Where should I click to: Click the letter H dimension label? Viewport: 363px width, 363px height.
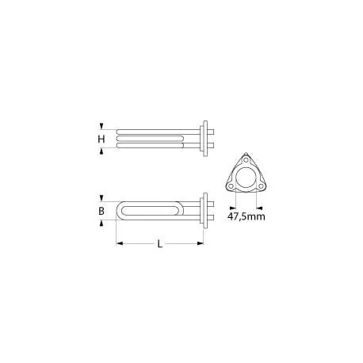101,139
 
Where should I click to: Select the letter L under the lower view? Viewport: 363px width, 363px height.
160,246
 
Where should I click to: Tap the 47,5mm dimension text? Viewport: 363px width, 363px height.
246,215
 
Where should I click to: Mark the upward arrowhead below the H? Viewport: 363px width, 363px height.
101,152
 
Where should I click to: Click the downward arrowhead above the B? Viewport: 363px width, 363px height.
101,197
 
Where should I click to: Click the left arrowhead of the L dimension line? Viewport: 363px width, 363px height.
120,242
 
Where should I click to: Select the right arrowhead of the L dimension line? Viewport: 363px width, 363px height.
202,242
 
